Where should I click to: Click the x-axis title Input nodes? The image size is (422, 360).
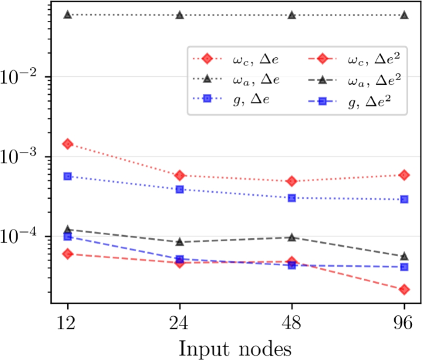pyautogui.click(x=235, y=346)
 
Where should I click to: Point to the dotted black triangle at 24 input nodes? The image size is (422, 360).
pyautogui.click(x=179, y=15)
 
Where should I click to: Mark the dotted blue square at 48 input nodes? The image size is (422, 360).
pyautogui.click(x=291, y=198)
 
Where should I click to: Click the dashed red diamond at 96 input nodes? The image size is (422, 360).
pyautogui.click(x=404, y=289)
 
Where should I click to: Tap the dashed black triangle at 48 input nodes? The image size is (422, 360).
pyautogui.click(x=291, y=237)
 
